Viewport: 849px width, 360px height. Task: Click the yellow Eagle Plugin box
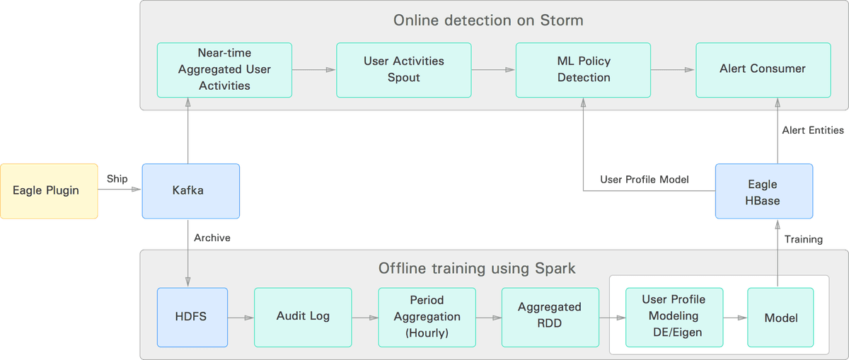click(49, 191)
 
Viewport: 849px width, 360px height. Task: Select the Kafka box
click(190, 191)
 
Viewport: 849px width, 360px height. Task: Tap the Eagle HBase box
click(764, 191)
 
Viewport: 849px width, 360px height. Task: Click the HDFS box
click(192, 317)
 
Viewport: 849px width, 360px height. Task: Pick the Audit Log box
click(303, 317)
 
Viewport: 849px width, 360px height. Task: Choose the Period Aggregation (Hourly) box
click(427, 317)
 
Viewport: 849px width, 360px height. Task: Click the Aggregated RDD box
click(550, 317)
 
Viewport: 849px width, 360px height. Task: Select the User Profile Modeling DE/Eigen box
click(674, 317)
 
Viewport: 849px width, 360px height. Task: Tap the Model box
click(780, 317)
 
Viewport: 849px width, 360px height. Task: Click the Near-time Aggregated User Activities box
click(224, 70)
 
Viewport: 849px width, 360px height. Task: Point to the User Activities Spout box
click(404, 70)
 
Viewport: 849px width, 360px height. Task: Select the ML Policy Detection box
click(583, 70)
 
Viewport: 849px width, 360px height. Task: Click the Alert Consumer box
click(763, 70)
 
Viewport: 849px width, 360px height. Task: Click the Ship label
click(117, 179)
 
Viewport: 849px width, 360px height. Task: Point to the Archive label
click(212, 238)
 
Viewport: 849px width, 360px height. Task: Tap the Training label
click(804, 240)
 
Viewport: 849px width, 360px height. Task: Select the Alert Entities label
click(813, 130)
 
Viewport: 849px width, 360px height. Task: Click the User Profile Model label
click(645, 179)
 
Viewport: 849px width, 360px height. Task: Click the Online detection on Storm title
click(488, 20)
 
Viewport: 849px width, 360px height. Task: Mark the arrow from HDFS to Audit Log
click(241, 318)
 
